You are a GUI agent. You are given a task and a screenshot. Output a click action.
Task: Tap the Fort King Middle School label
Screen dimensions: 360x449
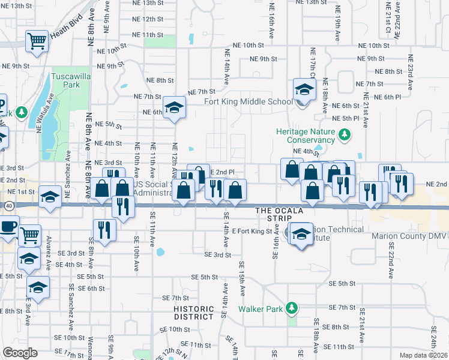tap(249, 101)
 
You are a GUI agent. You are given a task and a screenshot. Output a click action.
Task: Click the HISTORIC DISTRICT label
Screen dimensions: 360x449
tap(194, 313)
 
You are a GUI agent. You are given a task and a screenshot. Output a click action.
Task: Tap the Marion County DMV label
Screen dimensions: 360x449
tap(410, 236)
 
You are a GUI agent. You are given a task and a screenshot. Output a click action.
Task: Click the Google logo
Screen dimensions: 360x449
tap(20, 353)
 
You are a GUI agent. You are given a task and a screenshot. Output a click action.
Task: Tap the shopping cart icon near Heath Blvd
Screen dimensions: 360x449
tap(37, 42)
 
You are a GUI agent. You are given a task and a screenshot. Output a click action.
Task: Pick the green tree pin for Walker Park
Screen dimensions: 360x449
tap(292, 308)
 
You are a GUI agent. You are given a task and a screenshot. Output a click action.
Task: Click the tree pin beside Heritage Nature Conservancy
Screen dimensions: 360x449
tap(344, 136)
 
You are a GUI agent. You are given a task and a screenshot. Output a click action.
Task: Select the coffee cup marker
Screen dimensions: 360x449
tap(8, 227)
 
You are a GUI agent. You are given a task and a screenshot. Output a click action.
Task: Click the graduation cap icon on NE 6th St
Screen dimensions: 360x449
tap(174, 107)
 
